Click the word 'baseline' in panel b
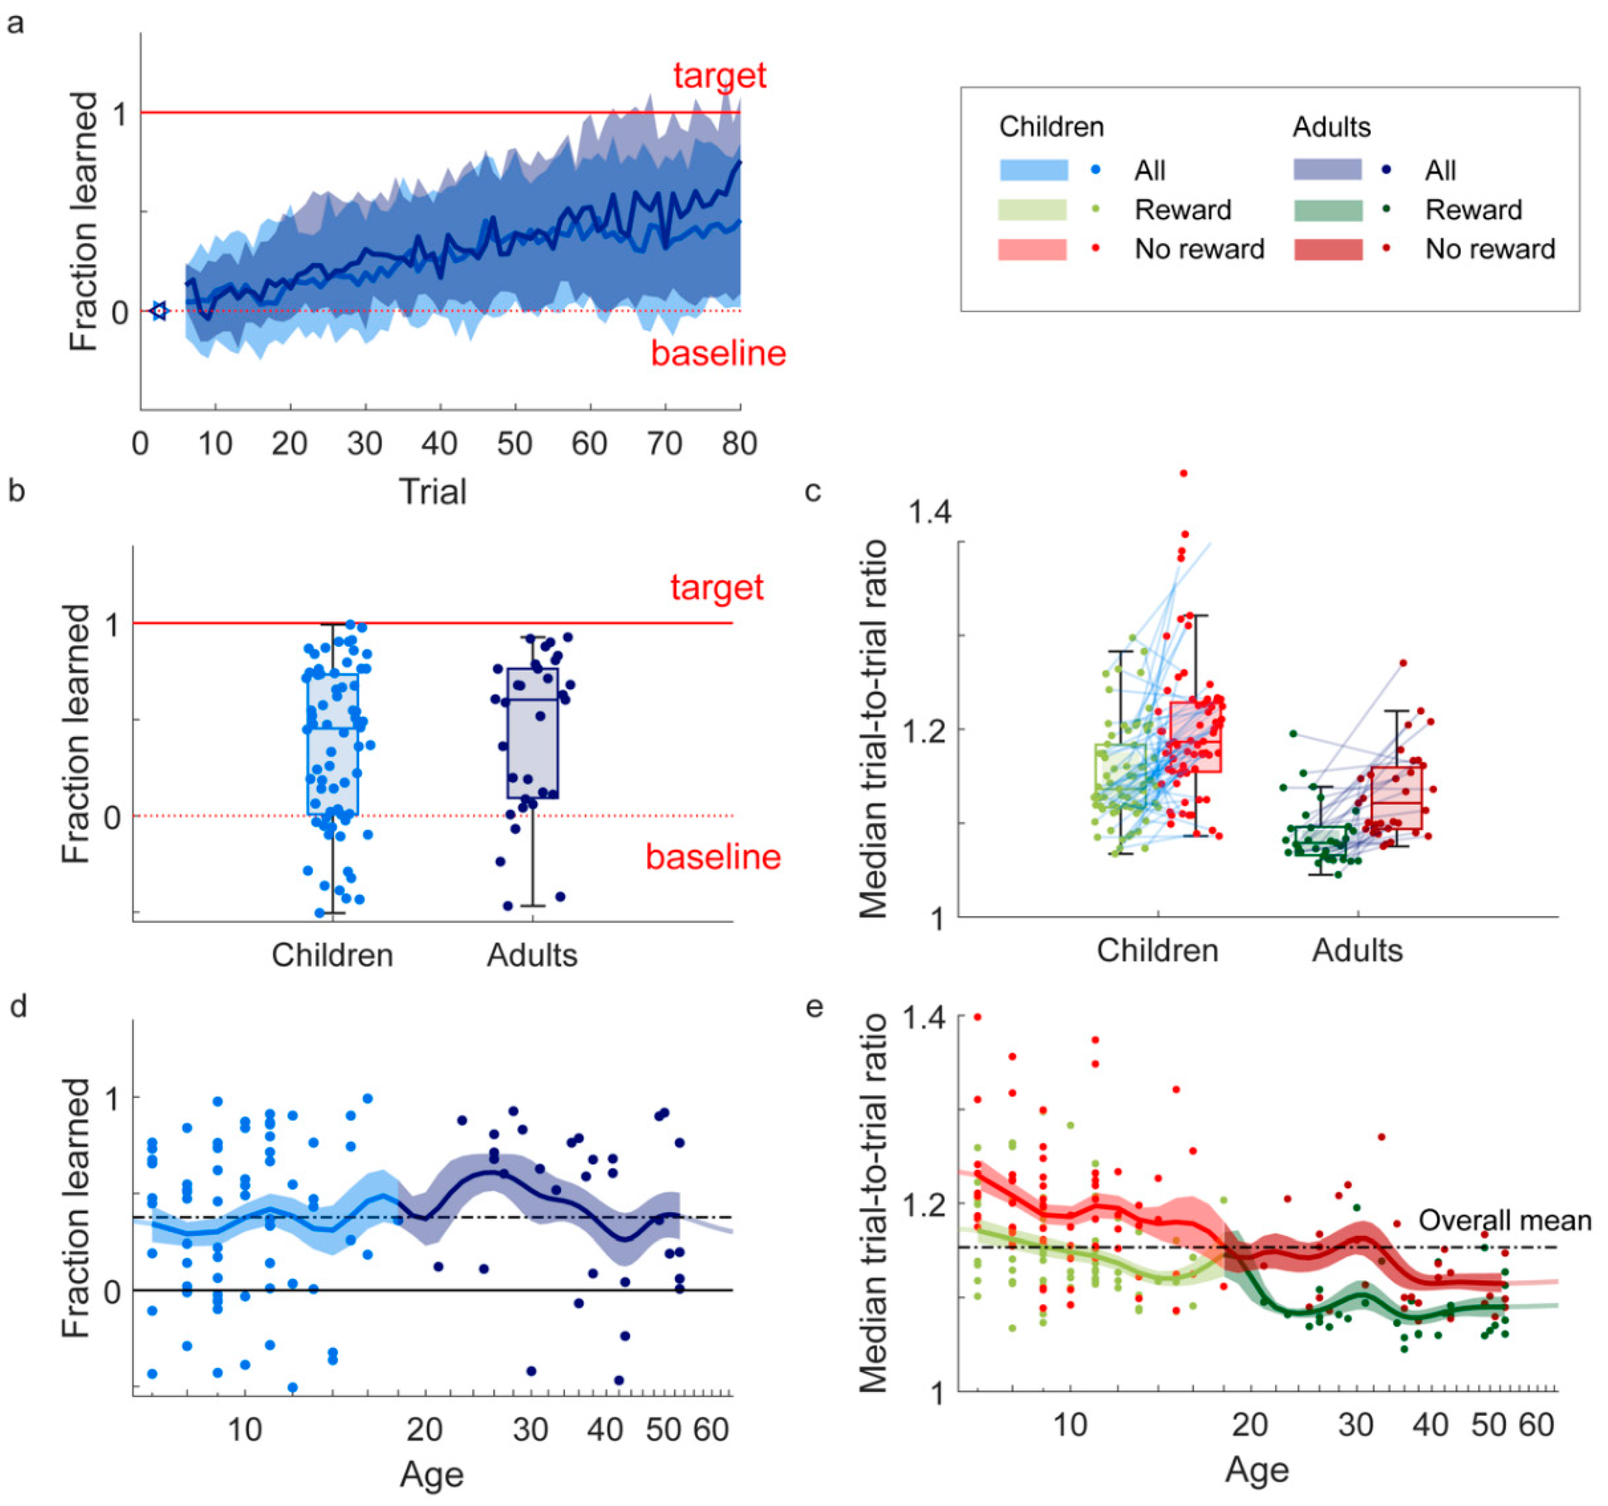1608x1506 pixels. (x=713, y=856)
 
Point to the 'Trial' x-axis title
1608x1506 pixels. (x=433, y=491)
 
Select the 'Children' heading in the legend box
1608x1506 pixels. (x=1051, y=127)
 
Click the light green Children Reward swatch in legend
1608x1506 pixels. (x=1033, y=210)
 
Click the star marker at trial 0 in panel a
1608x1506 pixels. (x=158, y=310)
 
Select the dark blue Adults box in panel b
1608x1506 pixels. (x=532, y=732)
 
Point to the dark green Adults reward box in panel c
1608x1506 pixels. (x=1321, y=841)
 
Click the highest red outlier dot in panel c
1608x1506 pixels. (x=1183, y=473)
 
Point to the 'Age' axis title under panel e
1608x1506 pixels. (x=1256, y=1469)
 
